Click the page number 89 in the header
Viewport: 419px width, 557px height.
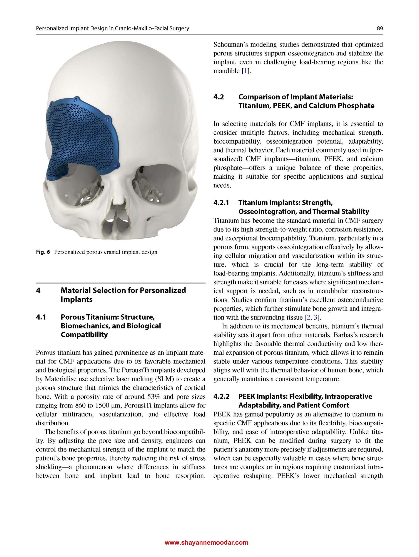point(380,29)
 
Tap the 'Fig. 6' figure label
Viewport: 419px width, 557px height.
point(43,252)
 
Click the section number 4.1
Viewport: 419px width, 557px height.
point(41,317)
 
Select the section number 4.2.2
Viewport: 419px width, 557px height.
point(221,396)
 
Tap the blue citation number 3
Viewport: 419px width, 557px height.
point(316,317)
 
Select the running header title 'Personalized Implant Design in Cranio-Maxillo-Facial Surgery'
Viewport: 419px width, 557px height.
point(112,29)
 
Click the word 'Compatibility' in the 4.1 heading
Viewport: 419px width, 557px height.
point(84,335)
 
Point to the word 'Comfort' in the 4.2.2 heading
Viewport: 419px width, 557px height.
point(337,405)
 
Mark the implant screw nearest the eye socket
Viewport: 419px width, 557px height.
point(115,165)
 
